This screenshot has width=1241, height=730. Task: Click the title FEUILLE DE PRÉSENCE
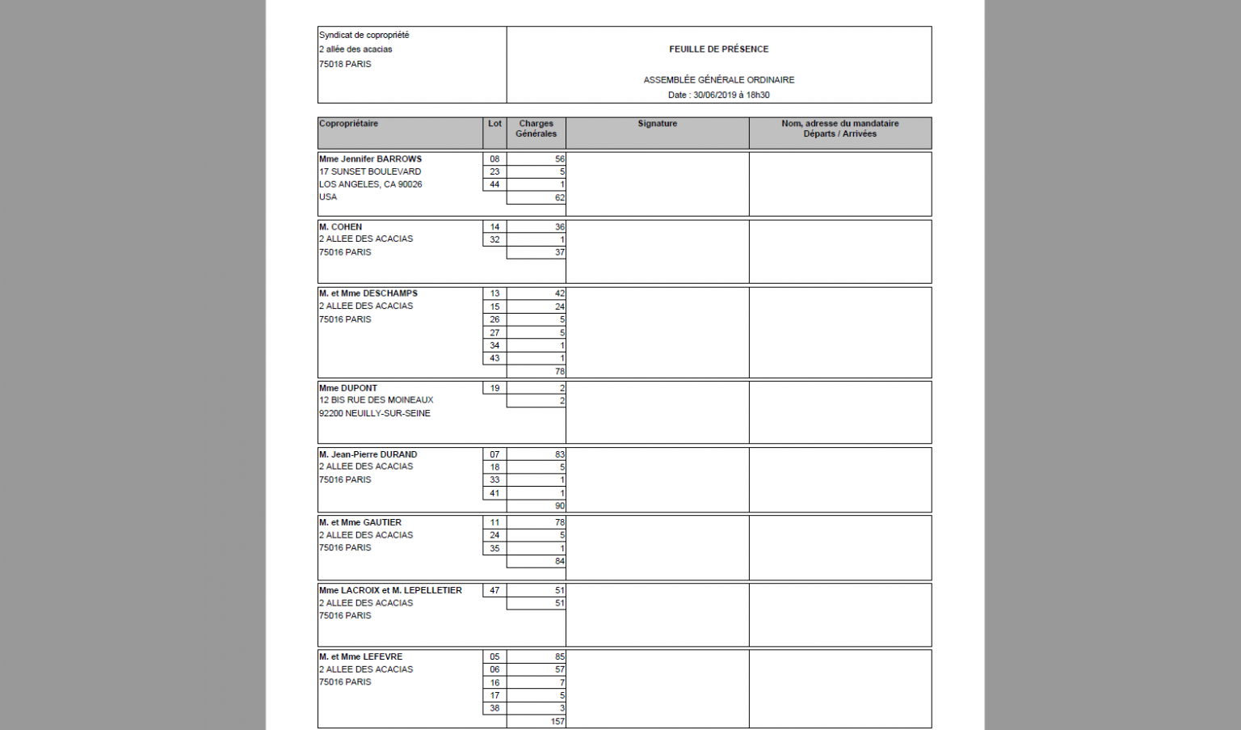718,49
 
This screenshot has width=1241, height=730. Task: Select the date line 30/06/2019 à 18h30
718,95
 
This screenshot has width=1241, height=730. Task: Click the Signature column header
657,124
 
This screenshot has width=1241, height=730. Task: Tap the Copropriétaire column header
348,124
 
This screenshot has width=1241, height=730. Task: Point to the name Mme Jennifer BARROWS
370,159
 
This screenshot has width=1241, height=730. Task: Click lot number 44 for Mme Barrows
494,184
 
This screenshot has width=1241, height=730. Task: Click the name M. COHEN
340,227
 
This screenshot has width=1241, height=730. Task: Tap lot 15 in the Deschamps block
494,306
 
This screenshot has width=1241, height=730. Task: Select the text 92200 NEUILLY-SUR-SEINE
374,413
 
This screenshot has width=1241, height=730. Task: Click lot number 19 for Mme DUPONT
494,388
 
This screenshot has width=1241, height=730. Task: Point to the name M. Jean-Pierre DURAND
368,454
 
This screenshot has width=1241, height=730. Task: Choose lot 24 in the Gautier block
494,535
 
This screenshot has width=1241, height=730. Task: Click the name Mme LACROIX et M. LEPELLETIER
390,590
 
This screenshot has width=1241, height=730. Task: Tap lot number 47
494,590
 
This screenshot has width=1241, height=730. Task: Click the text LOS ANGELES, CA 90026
370,184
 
